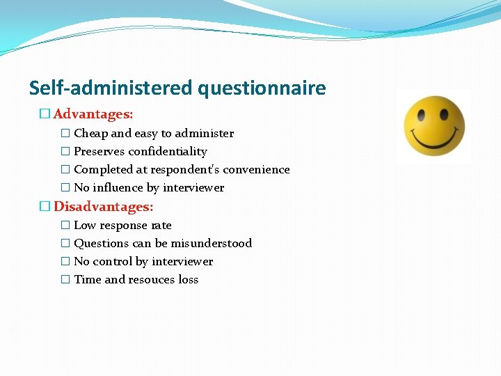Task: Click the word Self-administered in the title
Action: point(111,88)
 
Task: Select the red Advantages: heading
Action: point(93,113)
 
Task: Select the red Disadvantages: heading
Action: point(104,206)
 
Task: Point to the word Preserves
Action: point(100,151)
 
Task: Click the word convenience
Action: point(255,169)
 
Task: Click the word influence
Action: point(117,187)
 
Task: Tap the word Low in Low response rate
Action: point(85,225)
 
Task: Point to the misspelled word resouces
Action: point(151,279)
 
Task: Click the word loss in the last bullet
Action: point(188,279)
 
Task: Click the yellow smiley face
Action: point(434,126)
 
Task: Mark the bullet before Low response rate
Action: point(65,225)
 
